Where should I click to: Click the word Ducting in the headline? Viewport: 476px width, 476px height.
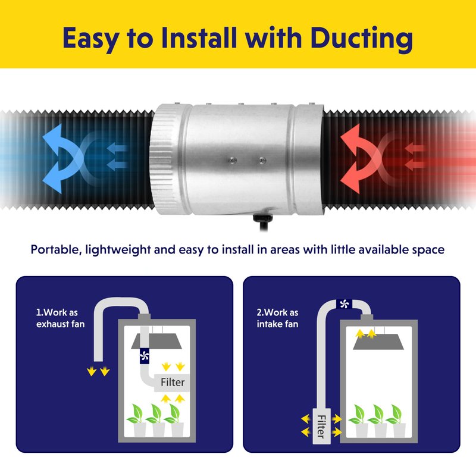click(361, 39)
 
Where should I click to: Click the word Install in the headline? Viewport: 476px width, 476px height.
click(199, 37)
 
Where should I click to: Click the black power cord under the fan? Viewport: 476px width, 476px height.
click(263, 223)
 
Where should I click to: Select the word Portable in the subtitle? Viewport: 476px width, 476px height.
click(56, 250)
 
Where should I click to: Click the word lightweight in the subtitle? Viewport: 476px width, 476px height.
click(118, 250)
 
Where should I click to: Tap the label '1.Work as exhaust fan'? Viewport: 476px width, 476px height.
click(60, 318)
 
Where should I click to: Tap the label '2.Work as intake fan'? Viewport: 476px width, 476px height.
click(277, 318)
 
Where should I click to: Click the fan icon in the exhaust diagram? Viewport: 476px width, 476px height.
click(145, 355)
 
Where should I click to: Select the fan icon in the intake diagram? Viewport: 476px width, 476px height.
click(345, 303)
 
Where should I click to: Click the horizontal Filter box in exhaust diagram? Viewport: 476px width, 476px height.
click(172, 382)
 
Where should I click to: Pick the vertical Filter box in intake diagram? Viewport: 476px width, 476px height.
click(321, 426)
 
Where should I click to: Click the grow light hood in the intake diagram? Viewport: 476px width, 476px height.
click(378, 342)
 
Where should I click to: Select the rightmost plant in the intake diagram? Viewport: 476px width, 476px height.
click(398, 421)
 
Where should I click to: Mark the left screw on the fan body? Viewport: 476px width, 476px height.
click(233, 160)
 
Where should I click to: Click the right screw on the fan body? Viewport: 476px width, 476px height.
click(262, 160)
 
